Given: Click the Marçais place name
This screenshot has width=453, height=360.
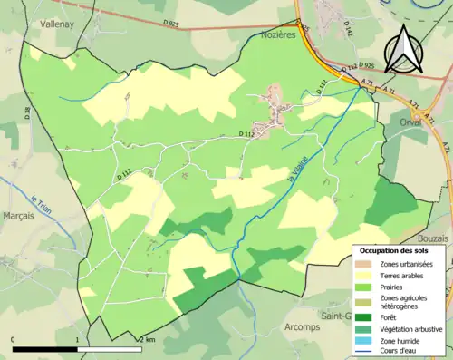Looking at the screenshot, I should point(18,216).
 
